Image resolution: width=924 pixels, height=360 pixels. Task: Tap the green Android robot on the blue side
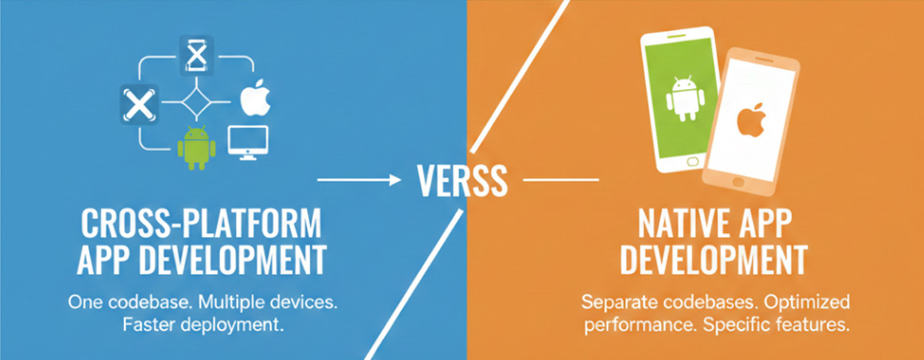(x=196, y=147)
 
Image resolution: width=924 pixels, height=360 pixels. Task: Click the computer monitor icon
(x=248, y=142)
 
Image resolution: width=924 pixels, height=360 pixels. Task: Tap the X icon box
(x=139, y=104)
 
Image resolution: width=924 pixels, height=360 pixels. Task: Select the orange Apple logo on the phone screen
(x=752, y=121)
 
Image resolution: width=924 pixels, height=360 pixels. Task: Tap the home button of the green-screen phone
(x=694, y=161)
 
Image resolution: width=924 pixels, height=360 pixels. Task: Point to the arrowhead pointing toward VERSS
(x=396, y=179)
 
